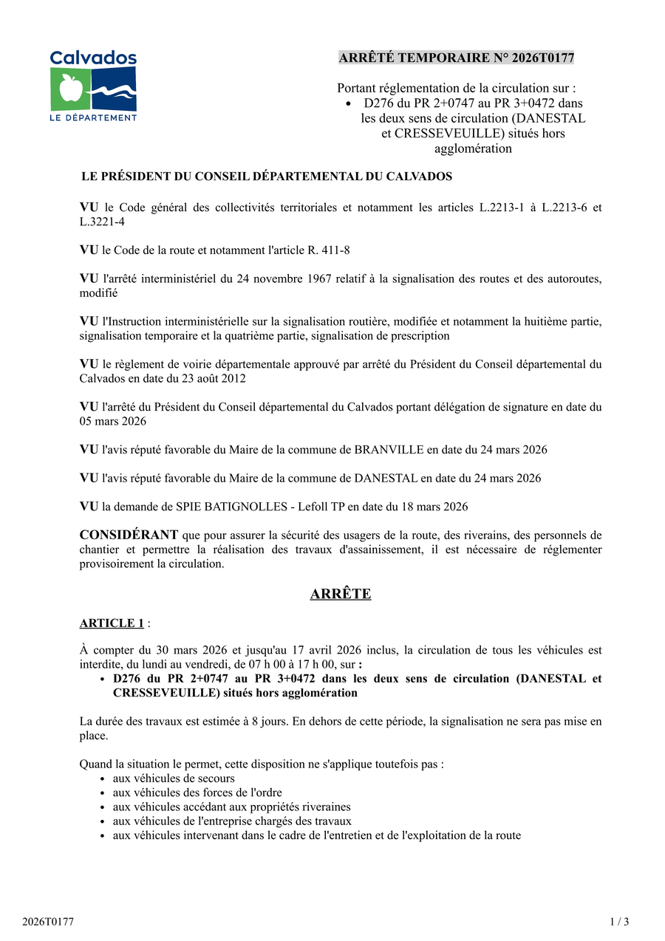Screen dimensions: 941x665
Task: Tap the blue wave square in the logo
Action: pos(115,89)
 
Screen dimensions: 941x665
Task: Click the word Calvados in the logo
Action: pos(93,58)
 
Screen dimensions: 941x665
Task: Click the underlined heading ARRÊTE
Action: pos(341,594)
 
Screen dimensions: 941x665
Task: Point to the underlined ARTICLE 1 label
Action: pos(112,623)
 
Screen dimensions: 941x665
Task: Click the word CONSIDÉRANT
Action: pos(129,535)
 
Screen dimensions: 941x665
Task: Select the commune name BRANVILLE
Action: pos(389,450)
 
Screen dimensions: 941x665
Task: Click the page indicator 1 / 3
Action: pos(619,921)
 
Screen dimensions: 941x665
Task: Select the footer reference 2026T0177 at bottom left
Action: pos(47,921)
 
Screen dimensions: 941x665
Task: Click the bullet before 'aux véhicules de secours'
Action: pos(102,779)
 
